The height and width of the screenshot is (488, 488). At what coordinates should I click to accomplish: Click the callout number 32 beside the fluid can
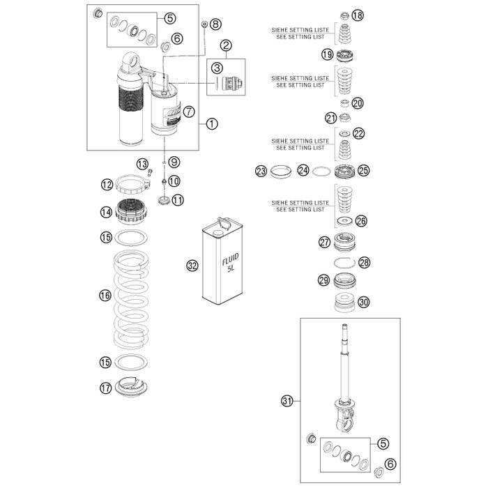(192, 265)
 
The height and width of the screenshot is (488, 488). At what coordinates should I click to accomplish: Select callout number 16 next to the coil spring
(105, 296)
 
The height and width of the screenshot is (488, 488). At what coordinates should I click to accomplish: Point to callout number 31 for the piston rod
(286, 400)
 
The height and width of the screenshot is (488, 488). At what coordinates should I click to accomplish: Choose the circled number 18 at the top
(357, 15)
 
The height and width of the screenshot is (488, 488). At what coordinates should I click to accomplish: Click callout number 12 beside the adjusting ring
(107, 185)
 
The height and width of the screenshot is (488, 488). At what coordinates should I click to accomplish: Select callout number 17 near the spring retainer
(105, 388)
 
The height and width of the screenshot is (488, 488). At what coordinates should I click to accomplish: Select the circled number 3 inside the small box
(218, 68)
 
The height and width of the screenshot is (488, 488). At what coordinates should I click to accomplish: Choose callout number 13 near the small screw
(142, 165)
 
